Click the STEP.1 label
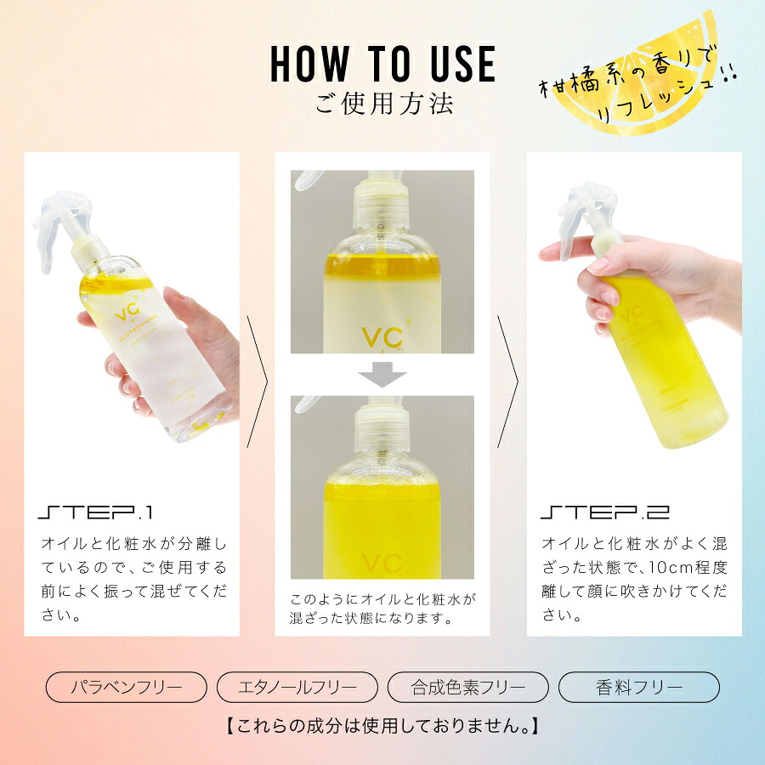(x=94, y=513)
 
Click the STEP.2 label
(x=604, y=513)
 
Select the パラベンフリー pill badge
(x=126, y=687)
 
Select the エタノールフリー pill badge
(x=297, y=687)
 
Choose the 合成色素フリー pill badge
(x=468, y=687)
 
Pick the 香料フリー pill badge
(x=639, y=687)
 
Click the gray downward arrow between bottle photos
(x=382, y=375)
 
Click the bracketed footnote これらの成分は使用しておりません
(x=382, y=727)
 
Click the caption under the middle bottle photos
(x=382, y=608)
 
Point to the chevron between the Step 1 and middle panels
(x=257, y=382)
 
